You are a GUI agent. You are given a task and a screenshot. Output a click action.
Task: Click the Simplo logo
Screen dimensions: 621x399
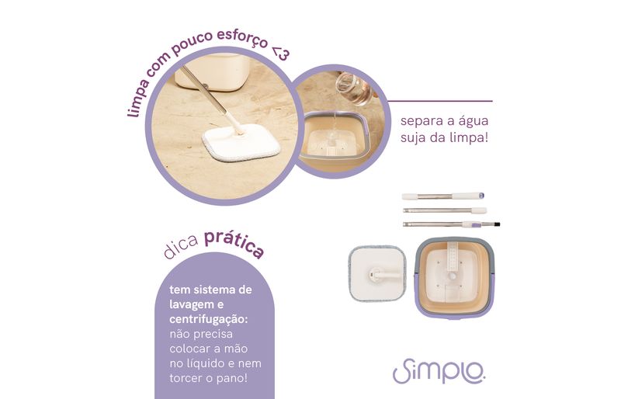coord(439,371)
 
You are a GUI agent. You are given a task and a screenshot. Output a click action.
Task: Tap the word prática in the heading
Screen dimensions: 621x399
coord(234,244)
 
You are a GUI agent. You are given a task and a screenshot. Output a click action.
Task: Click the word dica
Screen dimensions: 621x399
coord(181,248)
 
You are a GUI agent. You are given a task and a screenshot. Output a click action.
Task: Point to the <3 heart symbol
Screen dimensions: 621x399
coord(281,54)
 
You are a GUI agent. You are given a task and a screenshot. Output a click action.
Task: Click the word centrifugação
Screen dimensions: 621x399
coord(208,319)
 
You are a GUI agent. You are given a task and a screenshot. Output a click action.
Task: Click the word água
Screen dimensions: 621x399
coord(474,121)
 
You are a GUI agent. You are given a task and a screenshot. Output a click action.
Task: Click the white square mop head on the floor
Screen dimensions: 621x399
coord(241,143)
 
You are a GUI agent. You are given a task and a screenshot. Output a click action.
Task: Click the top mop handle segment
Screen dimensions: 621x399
coord(442,196)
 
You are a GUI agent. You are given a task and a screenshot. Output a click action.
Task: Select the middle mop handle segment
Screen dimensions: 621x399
coord(445,210)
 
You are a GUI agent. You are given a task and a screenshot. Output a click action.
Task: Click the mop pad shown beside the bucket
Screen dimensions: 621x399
coord(377,273)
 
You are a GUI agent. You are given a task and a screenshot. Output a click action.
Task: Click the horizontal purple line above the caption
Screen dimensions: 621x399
coord(440,101)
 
